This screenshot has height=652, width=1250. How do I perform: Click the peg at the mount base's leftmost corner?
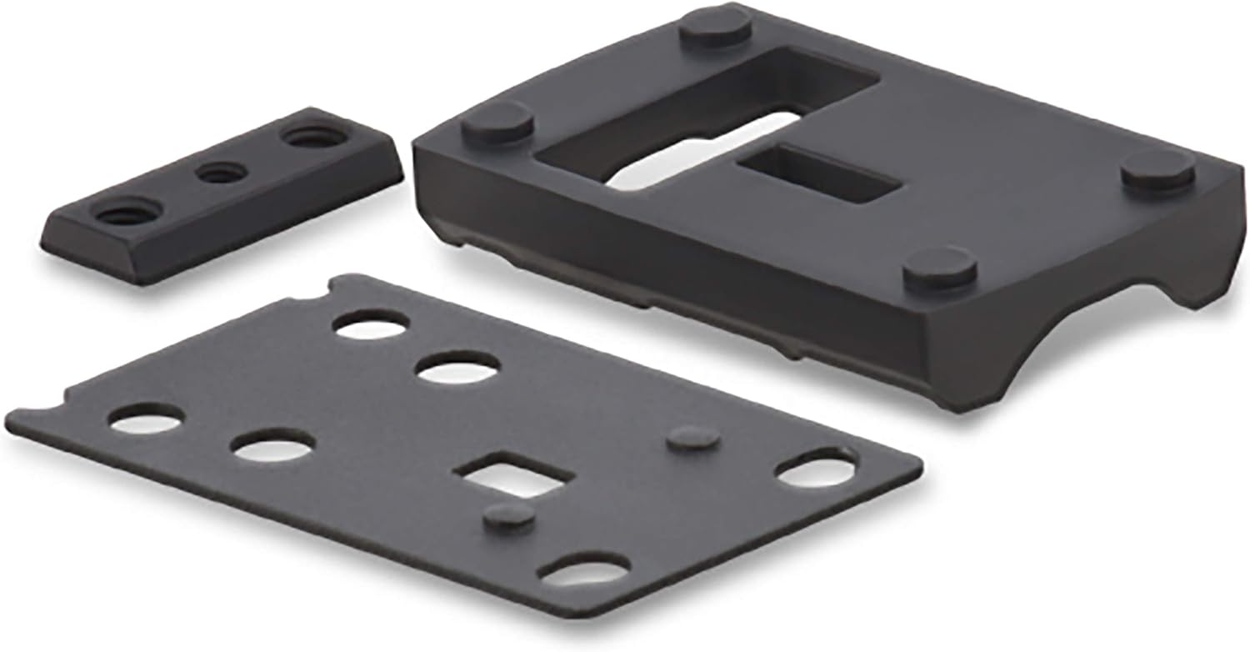click(x=497, y=123)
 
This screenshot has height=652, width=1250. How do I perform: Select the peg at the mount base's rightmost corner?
click(x=1159, y=173)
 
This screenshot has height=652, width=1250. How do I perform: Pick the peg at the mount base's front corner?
click(x=940, y=269)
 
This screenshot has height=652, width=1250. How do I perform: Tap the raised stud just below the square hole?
click(x=509, y=516)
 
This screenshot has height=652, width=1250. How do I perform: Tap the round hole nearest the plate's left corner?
click(x=145, y=420)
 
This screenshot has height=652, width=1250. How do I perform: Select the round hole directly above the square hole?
click(x=458, y=368)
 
